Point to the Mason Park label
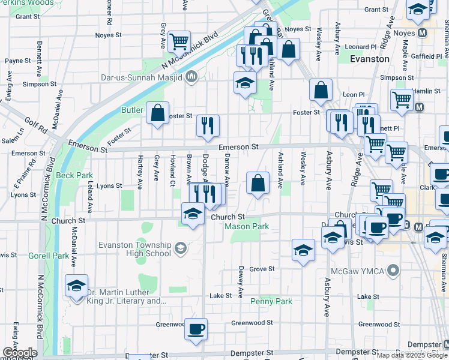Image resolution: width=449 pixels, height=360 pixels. (x=247, y=226)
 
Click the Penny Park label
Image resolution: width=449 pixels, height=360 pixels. (x=271, y=301)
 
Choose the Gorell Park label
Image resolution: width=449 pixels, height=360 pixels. (x=49, y=256)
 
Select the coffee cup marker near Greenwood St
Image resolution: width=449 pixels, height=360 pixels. (x=196, y=329)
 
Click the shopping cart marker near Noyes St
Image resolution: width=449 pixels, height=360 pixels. (x=179, y=41)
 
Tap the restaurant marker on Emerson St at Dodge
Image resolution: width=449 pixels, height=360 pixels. (x=208, y=125)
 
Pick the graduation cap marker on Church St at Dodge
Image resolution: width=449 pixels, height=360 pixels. (x=193, y=214)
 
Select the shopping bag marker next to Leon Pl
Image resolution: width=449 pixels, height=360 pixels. (x=321, y=90)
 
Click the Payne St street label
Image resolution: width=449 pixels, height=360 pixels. (x=18, y=61)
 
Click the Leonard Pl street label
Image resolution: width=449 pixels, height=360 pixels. (x=361, y=46)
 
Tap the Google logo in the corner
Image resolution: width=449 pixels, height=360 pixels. (x=19, y=353)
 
